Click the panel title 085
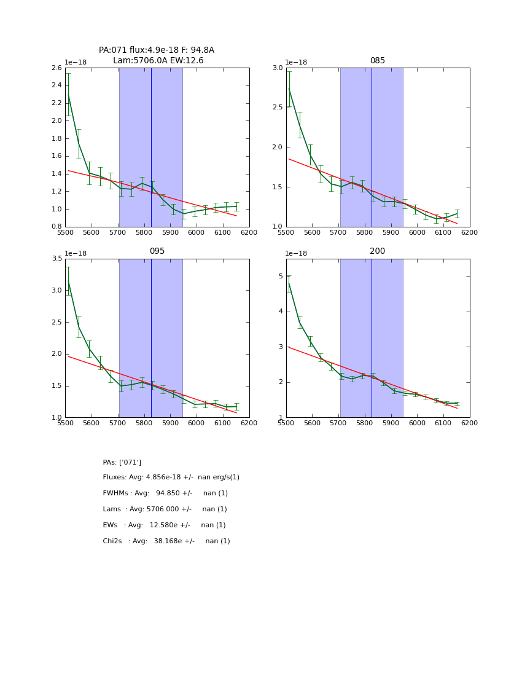coord(377,61)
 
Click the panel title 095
coord(157,251)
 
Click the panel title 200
coord(377,251)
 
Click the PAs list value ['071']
coord(130,462)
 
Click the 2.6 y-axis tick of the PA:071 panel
coord(56,68)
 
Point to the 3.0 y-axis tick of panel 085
coord(277,68)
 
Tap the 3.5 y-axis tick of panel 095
coord(56,259)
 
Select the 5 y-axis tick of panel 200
coord(280,276)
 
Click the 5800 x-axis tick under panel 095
coord(144,423)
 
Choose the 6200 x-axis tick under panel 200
coord(469,423)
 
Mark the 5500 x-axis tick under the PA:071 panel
coord(65,232)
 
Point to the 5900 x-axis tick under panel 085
coord(391,232)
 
